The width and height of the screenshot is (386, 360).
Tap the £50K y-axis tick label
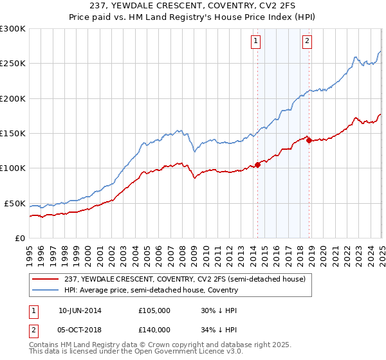point(15,203)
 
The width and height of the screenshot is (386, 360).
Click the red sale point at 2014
point(257,165)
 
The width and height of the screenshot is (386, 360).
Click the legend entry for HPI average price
point(151,291)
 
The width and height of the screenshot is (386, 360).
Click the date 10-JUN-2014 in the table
point(80,310)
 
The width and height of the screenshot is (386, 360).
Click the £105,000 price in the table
point(154,310)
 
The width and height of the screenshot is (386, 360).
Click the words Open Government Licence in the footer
point(194,350)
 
